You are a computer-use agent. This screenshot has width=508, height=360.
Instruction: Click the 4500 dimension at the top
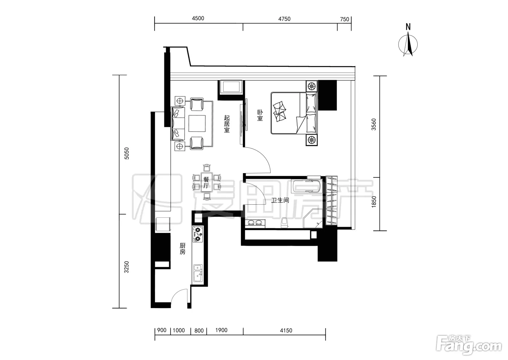pos(198,19)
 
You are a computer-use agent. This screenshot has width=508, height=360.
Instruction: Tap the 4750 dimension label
pos(284,19)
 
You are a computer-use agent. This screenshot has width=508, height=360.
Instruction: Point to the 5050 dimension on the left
pos(127,154)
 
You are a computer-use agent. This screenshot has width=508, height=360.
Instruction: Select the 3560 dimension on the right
pos(373,124)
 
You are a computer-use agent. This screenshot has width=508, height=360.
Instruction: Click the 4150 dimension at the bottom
pos(286,331)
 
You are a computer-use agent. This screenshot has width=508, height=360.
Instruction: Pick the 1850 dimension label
pos(374,202)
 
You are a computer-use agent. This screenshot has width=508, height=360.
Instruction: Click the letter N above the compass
pos(408,27)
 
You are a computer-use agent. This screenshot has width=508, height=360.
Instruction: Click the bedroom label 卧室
pos(260,115)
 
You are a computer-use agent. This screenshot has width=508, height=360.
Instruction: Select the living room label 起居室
pos(227,124)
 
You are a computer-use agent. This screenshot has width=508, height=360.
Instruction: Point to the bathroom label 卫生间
pos(280,200)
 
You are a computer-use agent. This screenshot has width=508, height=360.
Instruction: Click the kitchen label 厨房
pos(183,249)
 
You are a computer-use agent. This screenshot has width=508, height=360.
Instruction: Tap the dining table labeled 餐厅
pos(206,183)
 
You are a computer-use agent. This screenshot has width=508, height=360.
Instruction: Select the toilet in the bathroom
pos(284,222)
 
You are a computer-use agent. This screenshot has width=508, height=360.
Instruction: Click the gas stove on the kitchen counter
pos(197,234)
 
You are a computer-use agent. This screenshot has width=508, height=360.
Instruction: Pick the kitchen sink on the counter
pos(198,273)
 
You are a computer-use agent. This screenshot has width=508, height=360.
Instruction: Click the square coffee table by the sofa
pos(197,123)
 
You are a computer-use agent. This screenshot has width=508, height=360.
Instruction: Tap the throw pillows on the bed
pos(280,111)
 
